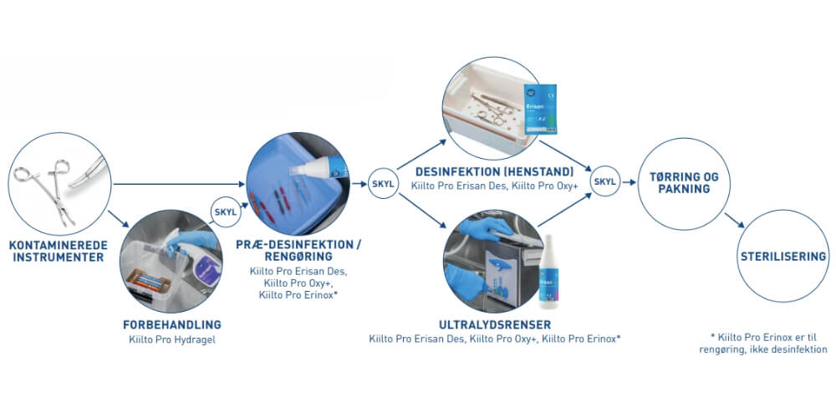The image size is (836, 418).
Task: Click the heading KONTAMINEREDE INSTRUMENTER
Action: pos(56,252)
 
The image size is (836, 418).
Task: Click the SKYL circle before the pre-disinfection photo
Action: pos(224,211)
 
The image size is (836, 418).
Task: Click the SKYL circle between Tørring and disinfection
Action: pos(604,181)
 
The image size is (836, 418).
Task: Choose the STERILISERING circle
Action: pos(783,257)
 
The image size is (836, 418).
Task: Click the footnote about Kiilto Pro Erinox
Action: pos(763,343)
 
